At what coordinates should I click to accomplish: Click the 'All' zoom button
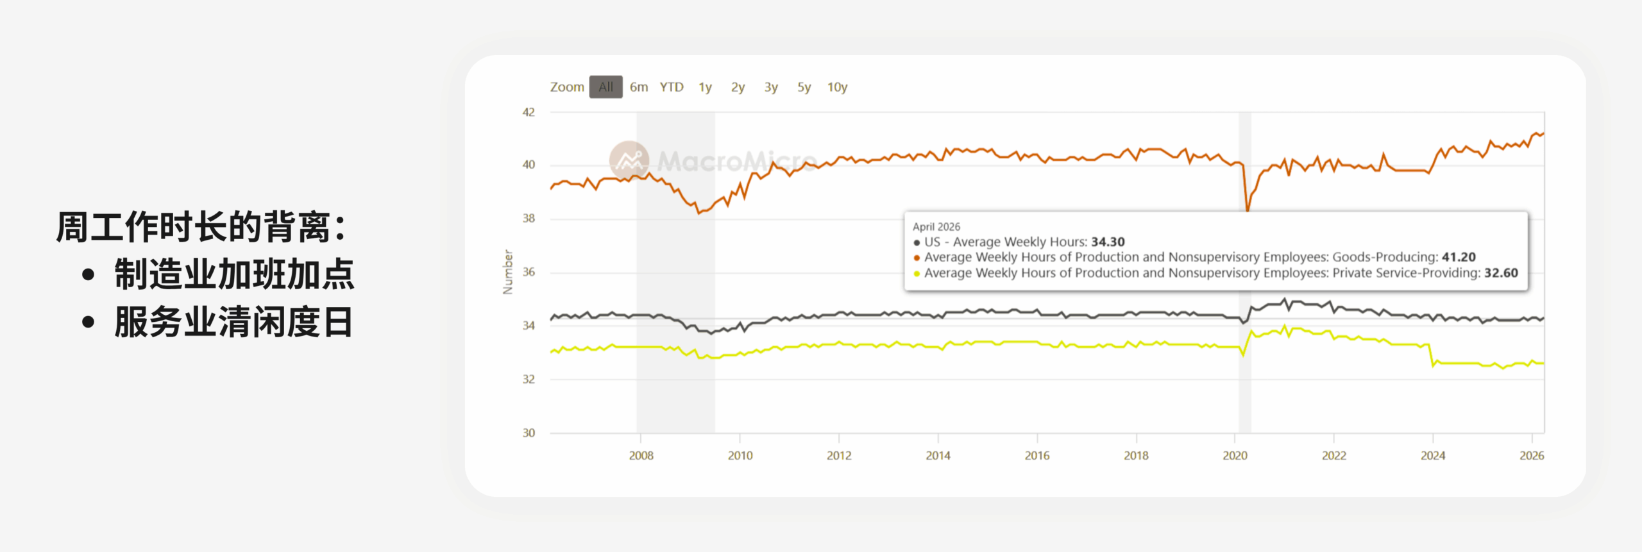(x=605, y=87)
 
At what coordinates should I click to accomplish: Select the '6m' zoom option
(x=639, y=87)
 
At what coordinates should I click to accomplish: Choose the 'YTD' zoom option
(x=672, y=87)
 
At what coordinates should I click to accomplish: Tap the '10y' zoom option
(x=837, y=87)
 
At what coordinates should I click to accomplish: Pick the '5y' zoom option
(x=804, y=87)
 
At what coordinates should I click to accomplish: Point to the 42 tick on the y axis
(x=529, y=112)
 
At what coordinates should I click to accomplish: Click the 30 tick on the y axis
(x=529, y=433)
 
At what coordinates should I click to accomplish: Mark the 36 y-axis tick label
(x=529, y=272)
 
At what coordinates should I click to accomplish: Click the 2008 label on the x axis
(x=641, y=455)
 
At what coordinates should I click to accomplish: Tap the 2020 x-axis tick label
(x=1235, y=455)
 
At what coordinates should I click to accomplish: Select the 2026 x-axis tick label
(x=1532, y=455)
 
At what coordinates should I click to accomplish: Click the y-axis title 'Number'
(x=508, y=272)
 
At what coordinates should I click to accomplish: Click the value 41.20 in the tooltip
(x=1459, y=257)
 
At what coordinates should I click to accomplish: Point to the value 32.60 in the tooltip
(x=1501, y=273)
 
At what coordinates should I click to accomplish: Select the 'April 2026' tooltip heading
(x=936, y=226)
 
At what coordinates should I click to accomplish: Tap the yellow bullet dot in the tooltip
(x=917, y=274)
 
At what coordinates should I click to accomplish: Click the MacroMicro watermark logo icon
(x=629, y=160)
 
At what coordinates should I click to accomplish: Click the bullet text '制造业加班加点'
(x=234, y=274)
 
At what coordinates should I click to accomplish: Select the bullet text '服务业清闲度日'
(x=234, y=322)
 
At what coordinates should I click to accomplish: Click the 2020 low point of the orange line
(x=1248, y=210)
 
